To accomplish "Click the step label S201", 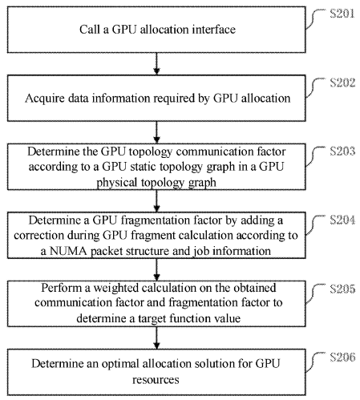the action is pyautogui.click(x=342, y=14).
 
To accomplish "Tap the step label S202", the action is pyautogui.click(x=342, y=83).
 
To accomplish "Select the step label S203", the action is pyautogui.click(x=342, y=152).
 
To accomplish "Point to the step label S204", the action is pyautogui.click(x=342, y=220).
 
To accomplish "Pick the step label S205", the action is pyautogui.click(x=342, y=289).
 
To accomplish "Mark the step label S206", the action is pyautogui.click(x=342, y=358).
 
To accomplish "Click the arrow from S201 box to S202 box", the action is pyautogui.click(x=156, y=63).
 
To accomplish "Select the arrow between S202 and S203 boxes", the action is pyautogui.click(x=156, y=132).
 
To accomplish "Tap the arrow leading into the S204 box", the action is pyautogui.click(x=156, y=201).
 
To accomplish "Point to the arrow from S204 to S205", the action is pyautogui.click(x=156, y=269).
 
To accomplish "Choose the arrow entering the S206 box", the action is pyautogui.click(x=156, y=338).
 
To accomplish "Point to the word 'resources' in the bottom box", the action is pyautogui.click(x=156, y=380).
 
